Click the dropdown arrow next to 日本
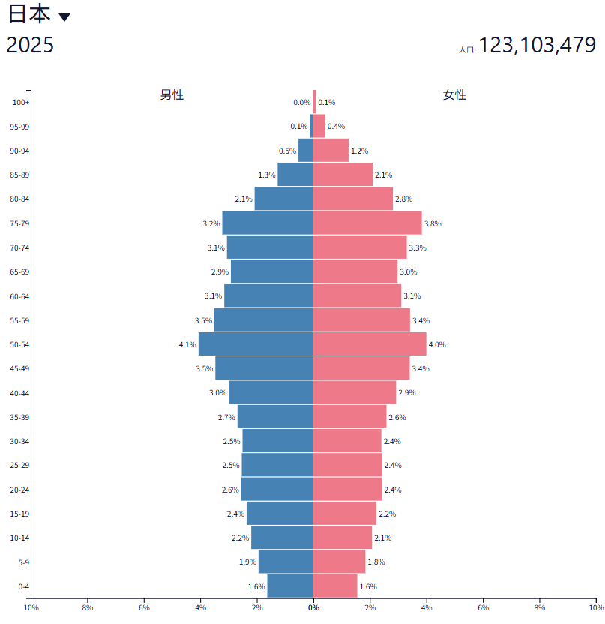tap(64, 17)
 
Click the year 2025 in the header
tap(30, 45)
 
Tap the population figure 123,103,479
tap(537, 46)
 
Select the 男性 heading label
tap(172, 94)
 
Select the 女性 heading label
tap(454, 94)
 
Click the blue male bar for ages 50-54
tap(256, 344)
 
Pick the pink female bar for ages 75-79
tap(367, 223)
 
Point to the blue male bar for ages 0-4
tap(290, 586)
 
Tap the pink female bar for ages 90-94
tap(331, 151)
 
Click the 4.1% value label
tap(187, 345)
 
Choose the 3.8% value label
tap(433, 223)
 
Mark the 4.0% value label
tap(437, 345)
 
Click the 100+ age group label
tap(21, 103)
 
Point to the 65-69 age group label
tap(19, 272)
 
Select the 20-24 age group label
tap(19, 490)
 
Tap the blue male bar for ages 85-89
tap(295, 175)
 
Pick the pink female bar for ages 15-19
tap(345, 514)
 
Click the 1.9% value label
tap(247, 562)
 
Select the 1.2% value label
tap(359, 151)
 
